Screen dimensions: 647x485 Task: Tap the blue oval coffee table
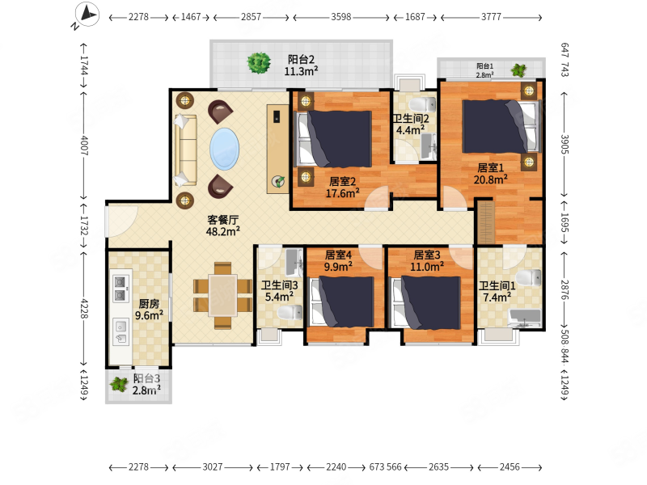(x=224, y=149)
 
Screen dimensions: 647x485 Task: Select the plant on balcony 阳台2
(x=259, y=63)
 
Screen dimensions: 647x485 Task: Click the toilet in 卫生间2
(x=424, y=104)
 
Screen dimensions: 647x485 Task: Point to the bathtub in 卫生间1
(x=525, y=318)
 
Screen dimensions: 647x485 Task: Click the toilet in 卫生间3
(x=290, y=312)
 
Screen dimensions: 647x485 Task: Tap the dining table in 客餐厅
(x=223, y=295)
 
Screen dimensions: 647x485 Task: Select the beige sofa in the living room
(x=185, y=150)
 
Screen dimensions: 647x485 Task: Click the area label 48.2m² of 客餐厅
(x=223, y=231)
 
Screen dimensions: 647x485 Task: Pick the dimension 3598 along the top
(x=340, y=17)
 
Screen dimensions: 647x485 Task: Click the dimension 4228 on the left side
(x=84, y=309)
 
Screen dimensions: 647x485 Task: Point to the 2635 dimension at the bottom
(x=438, y=467)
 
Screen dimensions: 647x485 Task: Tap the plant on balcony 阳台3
(x=119, y=385)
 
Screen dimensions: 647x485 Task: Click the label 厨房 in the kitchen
(x=149, y=304)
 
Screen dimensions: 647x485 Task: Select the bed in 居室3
(x=426, y=303)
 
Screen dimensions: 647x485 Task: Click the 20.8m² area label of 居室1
(x=490, y=179)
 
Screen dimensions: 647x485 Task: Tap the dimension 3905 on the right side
(x=564, y=145)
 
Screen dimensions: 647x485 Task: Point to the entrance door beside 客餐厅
(x=121, y=221)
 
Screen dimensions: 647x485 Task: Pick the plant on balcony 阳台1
(x=518, y=70)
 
